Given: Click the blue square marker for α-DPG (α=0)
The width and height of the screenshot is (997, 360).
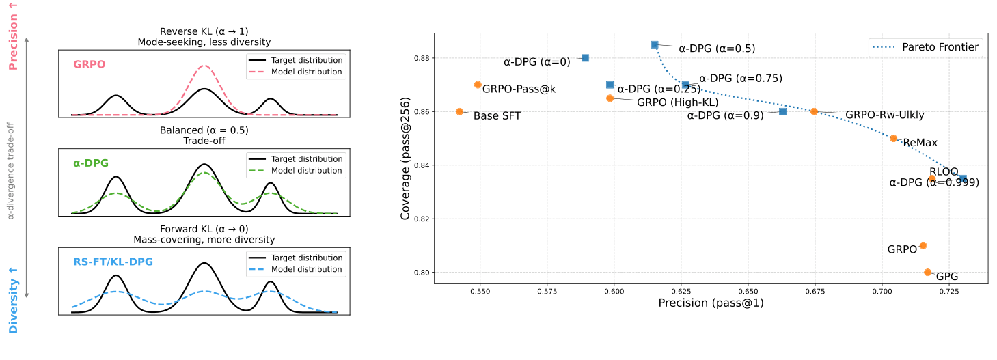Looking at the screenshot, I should coord(585,58).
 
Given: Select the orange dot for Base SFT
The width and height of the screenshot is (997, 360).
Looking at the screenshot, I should coord(459,111).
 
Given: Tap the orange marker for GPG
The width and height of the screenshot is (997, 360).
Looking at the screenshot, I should coord(927,272).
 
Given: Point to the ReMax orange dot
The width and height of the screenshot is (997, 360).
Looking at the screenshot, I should coord(893,138).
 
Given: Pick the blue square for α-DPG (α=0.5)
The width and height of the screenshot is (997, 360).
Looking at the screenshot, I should coord(655,44).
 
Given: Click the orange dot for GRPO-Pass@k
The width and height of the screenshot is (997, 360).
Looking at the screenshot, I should coord(478,85).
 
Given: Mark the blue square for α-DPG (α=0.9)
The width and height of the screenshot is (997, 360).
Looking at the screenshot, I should coord(782,111).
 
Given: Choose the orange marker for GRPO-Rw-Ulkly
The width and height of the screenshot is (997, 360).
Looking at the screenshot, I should coord(814,111).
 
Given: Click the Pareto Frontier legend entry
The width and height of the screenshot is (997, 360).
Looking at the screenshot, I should coord(926,47).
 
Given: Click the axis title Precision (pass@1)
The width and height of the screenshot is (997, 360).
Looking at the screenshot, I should coord(711,303).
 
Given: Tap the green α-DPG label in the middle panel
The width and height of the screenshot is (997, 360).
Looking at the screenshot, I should coord(91,163).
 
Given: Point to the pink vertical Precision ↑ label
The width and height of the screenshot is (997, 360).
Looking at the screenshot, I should coord(13,36).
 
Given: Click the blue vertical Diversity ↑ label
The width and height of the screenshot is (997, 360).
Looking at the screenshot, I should coord(13,301).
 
